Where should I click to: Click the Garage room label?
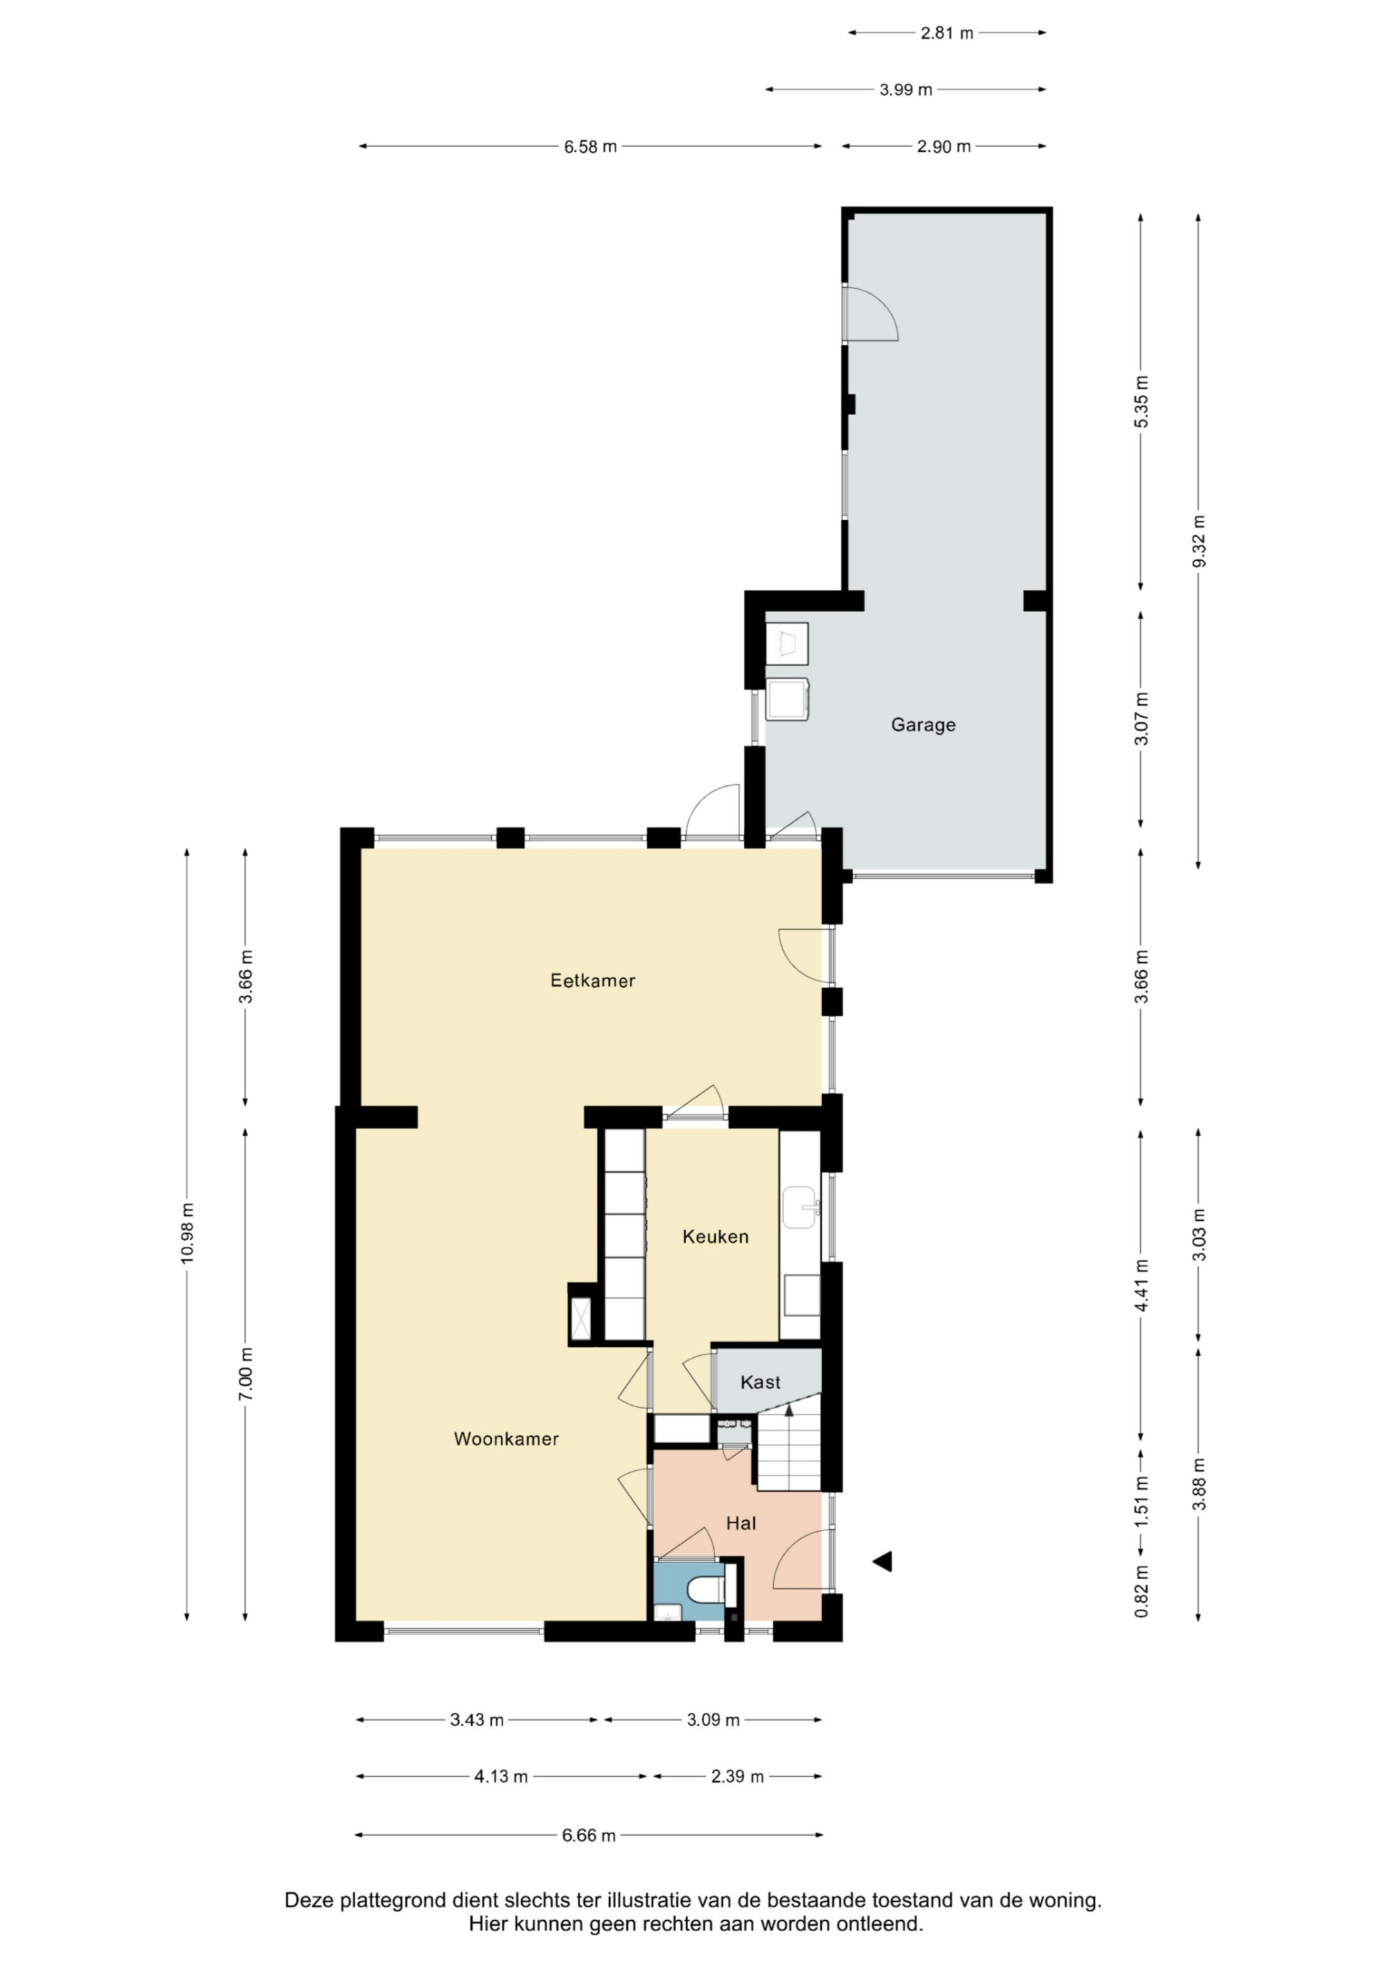(923, 725)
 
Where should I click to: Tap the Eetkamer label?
(593, 980)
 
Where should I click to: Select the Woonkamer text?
(507, 1439)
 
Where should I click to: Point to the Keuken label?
(716, 1237)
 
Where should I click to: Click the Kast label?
(761, 1382)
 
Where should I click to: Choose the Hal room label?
(742, 1523)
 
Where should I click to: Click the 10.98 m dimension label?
(188, 1233)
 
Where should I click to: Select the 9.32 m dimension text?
(1198, 541)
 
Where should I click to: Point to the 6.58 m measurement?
(590, 147)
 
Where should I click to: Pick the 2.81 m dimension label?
(947, 33)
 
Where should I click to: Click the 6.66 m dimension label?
(589, 1836)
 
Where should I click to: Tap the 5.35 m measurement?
(1142, 401)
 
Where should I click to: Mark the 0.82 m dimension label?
(1142, 1591)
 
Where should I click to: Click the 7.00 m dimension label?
(246, 1373)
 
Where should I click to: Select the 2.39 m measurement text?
(738, 1777)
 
